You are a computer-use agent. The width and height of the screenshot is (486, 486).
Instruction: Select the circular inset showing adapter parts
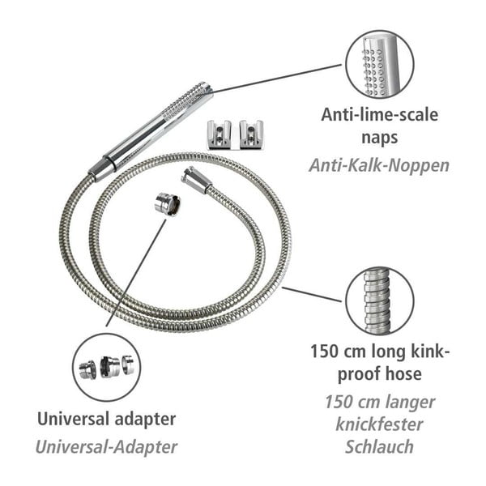(x=106, y=367)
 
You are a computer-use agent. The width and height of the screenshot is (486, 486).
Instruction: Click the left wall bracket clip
(x=219, y=134)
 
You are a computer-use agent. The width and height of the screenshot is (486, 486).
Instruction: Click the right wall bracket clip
(x=252, y=134)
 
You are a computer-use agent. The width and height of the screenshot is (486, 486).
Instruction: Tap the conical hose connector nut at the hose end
(x=195, y=180)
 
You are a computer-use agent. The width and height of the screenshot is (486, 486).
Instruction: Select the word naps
(x=379, y=139)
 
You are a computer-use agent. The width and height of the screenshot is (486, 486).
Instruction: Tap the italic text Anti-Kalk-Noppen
(x=379, y=165)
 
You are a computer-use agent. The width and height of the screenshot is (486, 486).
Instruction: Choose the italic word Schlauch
(x=379, y=447)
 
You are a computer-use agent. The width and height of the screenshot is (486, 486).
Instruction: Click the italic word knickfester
(x=379, y=424)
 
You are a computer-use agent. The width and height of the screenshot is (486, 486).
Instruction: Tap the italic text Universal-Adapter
(x=107, y=446)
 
